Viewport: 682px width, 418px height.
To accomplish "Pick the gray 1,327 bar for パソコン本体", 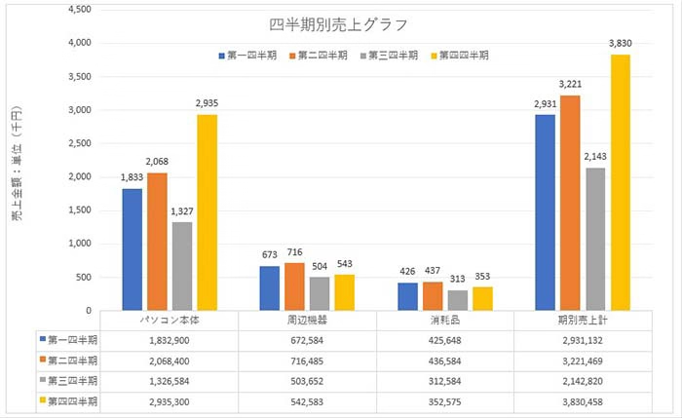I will pyautogui.click(x=181, y=266).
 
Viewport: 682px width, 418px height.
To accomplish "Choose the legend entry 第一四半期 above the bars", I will pyautogui.click(x=247, y=56).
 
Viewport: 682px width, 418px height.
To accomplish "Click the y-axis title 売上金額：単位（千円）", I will pyautogui.click(x=18, y=176).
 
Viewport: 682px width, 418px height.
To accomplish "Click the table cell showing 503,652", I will pyautogui.click(x=318, y=380).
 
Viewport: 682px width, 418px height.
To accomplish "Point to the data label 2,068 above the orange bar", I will pyautogui.click(x=156, y=160).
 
